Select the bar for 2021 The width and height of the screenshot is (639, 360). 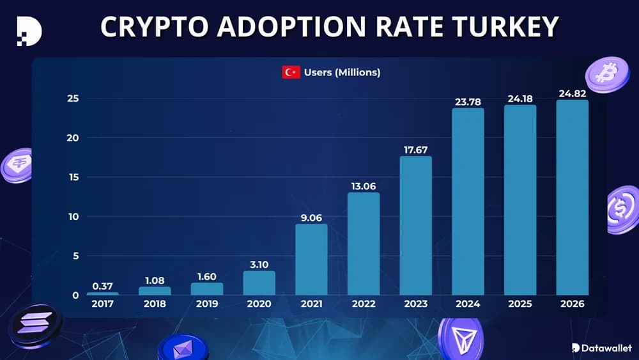pyautogui.click(x=311, y=259)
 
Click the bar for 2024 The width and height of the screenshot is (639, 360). pyautogui.click(x=468, y=201)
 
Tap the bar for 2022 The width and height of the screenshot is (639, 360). pyautogui.click(x=364, y=244)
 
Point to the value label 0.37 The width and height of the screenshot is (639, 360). pyautogui.click(x=103, y=286)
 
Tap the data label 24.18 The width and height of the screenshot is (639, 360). pyautogui.click(x=520, y=98)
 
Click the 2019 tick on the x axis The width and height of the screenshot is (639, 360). pyautogui.click(x=207, y=304)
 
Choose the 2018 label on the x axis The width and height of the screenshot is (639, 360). pyautogui.click(x=155, y=304)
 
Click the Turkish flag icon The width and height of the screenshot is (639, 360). pyautogui.click(x=291, y=72)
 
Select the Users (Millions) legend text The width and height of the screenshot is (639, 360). pyautogui.click(x=342, y=72)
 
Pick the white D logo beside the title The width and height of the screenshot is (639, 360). pyautogui.click(x=28, y=29)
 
